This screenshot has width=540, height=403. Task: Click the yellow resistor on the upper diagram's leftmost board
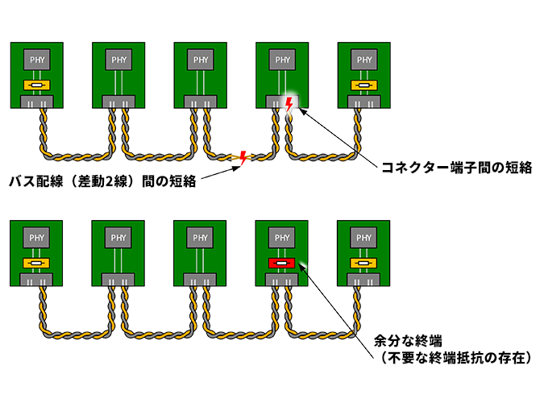pyautogui.click(x=37, y=85)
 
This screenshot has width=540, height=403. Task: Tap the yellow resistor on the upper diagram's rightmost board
pyautogui.click(x=364, y=85)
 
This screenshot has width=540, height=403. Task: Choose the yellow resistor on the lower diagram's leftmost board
pyautogui.click(x=37, y=264)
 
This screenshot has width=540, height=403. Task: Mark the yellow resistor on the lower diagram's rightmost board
pyautogui.click(x=364, y=264)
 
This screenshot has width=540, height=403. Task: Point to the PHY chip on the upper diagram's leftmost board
pyautogui.click(x=37, y=59)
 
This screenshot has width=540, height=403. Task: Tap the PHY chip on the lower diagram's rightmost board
pyautogui.click(x=364, y=238)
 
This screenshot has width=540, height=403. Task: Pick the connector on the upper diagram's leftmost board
pyautogui.click(x=37, y=102)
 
